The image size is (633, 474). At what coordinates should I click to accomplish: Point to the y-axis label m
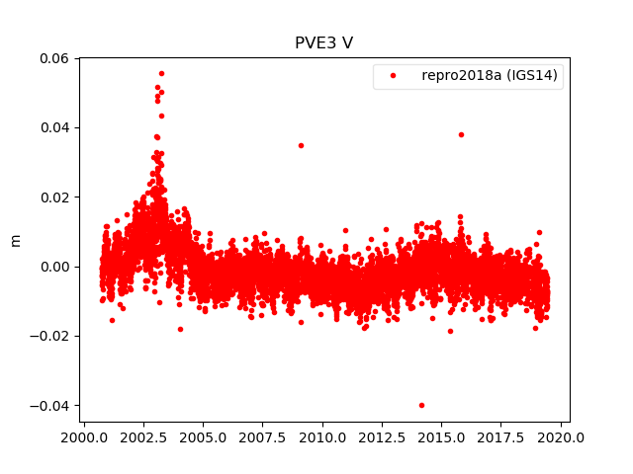pyautogui.click(x=15, y=240)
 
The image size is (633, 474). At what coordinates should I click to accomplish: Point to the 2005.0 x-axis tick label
pyautogui.click(x=204, y=436)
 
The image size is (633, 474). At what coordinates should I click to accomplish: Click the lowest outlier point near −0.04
pyautogui.click(x=421, y=405)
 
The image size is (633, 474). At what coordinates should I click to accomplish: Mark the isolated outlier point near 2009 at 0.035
pyautogui.click(x=301, y=145)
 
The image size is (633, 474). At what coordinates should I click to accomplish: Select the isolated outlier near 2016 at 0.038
pyautogui.click(x=461, y=134)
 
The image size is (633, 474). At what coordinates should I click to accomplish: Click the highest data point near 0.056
pyautogui.click(x=161, y=73)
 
